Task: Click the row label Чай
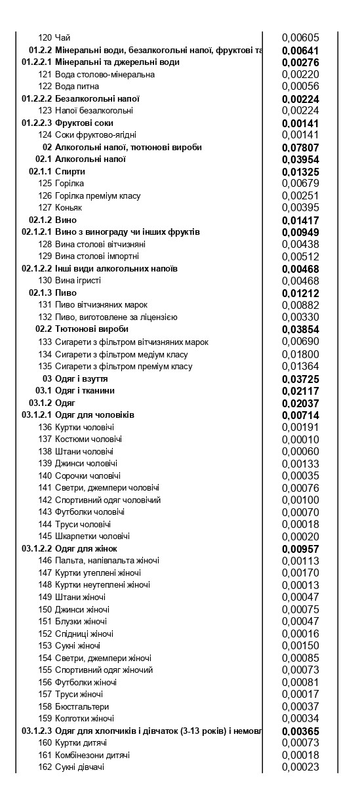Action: click(62, 38)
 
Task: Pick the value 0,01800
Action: click(300, 354)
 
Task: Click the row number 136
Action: click(45, 427)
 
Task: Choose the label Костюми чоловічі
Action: click(89, 439)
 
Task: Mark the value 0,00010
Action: click(300, 439)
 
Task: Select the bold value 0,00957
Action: click(300, 548)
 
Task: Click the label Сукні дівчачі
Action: click(79, 767)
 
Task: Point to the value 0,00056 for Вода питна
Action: click(300, 87)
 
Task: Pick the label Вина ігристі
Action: click(78, 281)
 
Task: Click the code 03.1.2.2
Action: click(37, 548)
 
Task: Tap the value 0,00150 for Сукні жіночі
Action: click(300, 645)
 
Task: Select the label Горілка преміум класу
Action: click(98, 196)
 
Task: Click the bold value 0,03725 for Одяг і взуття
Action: click(300, 378)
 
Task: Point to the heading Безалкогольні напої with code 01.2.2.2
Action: click(97, 99)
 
